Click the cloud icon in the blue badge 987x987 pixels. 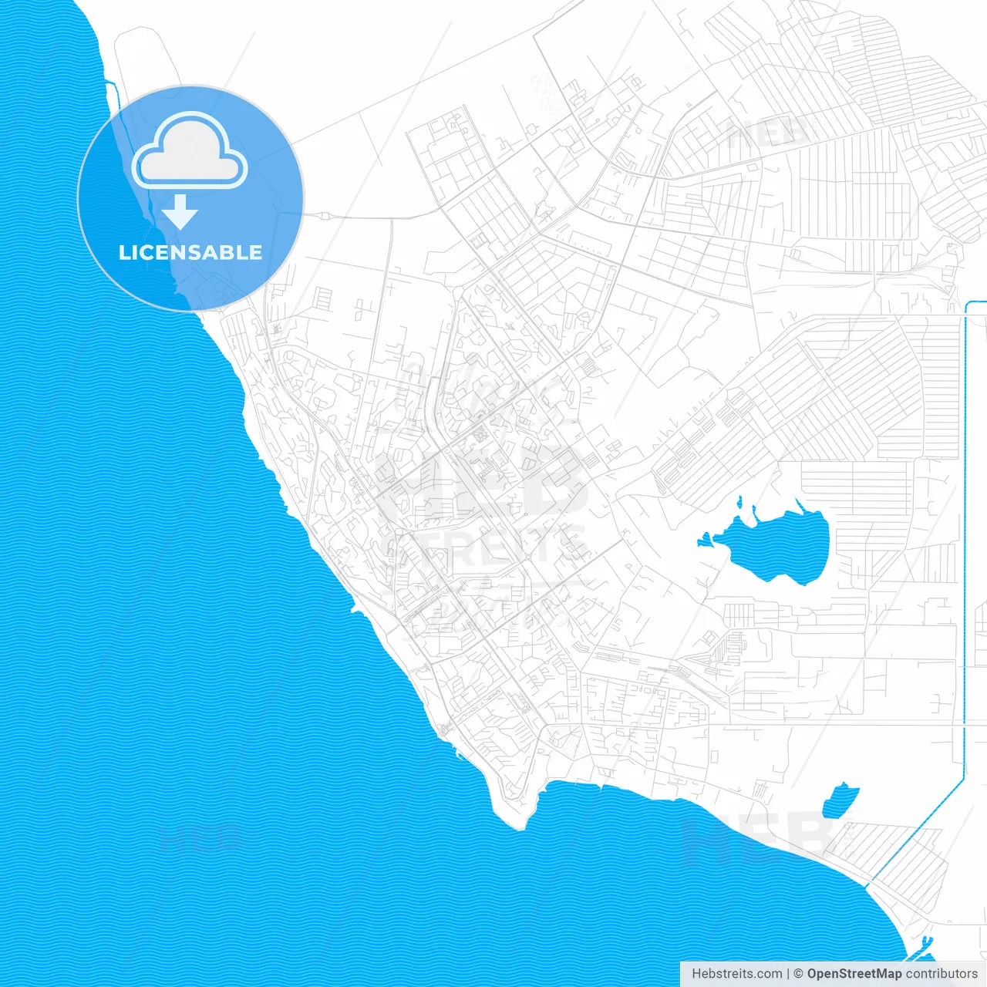click(190, 150)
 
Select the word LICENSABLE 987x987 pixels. click(190, 252)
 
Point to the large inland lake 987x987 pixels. click(779, 547)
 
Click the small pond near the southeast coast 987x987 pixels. click(840, 800)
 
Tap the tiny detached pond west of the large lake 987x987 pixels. click(704, 540)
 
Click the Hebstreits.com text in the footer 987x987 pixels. click(736, 974)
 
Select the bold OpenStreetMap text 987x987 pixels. click(854, 974)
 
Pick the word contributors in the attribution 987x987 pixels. click(942, 974)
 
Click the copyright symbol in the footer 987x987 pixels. click(798, 974)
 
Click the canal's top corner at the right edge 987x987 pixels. click(968, 303)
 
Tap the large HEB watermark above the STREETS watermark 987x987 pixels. click(482, 482)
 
